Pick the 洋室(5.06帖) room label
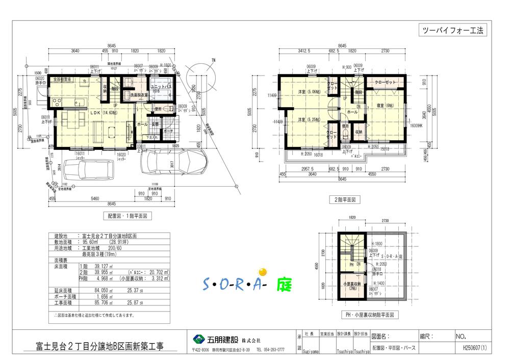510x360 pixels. coord(310,92)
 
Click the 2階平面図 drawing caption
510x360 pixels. coord(345,200)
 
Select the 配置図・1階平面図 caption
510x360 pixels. coord(127,216)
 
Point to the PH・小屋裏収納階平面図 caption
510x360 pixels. coord(370,315)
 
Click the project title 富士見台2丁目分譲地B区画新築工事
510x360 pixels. coord(99,347)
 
